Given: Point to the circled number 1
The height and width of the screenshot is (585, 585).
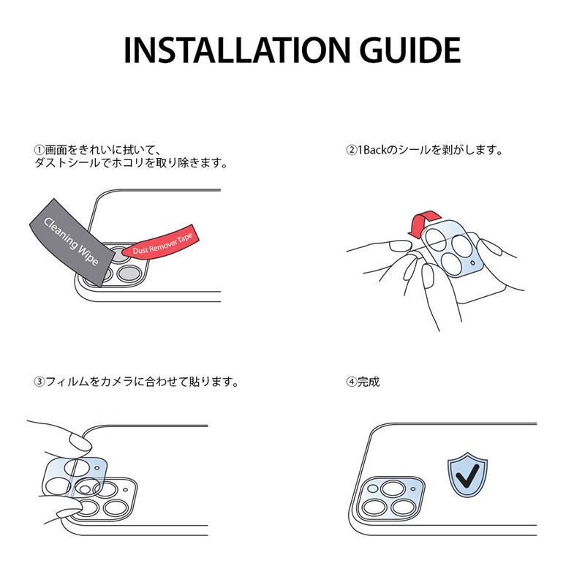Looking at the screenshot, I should pos(39,150).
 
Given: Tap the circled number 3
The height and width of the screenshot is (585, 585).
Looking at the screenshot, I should pos(39,382).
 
